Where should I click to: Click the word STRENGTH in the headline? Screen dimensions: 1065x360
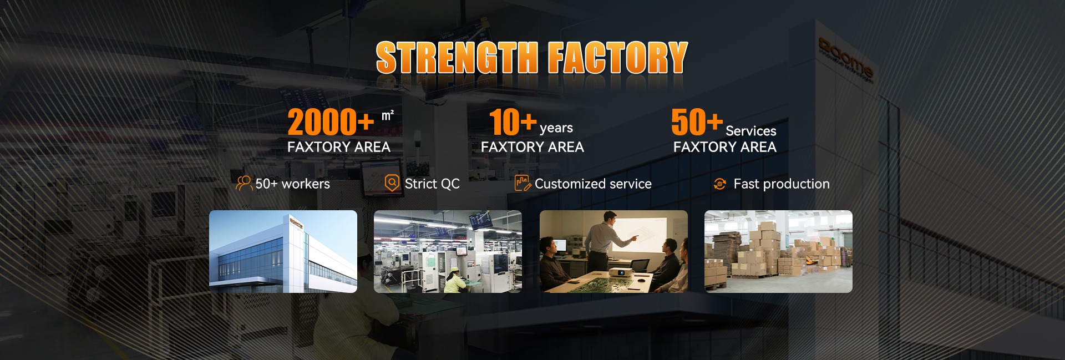pyautogui.click(x=457, y=58)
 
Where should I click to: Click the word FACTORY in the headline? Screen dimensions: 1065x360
pyautogui.click(x=618, y=58)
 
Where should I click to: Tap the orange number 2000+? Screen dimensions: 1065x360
pyautogui.click(x=331, y=122)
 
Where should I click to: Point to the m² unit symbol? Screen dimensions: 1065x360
pyautogui.click(x=387, y=115)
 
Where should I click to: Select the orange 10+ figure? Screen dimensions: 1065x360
pyautogui.click(x=513, y=122)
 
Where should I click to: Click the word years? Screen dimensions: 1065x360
pyautogui.click(x=556, y=128)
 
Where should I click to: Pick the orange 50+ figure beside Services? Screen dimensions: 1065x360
pyautogui.click(x=697, y=122)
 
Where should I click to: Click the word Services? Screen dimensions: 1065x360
pyautogui.click(x=751, y=131)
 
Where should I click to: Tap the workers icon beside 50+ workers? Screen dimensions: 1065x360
pyautogui.click(x=244, y=184)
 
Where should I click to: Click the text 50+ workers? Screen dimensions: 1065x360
pyautogui.click(x=292, y=184)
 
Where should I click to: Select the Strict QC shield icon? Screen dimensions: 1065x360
pyautogui.click(x=392, y=183)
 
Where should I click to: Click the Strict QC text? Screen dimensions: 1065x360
pyautogui.click(x=432, y=184)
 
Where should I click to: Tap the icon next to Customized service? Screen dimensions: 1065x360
pyautogui.click(x=523, y=183)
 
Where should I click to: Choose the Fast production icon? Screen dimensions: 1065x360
pyautogui.click(x=720, y=184)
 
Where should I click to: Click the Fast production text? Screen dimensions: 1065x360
pyautogui.click(x=782, y=184)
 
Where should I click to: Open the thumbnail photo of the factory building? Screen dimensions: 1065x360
pyautogui.click(x=283, y=251)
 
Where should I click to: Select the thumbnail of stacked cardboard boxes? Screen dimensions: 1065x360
pyautogui.click(x=778, y=251)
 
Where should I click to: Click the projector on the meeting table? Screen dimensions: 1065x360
pyautogui.click(x=621, y=272)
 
